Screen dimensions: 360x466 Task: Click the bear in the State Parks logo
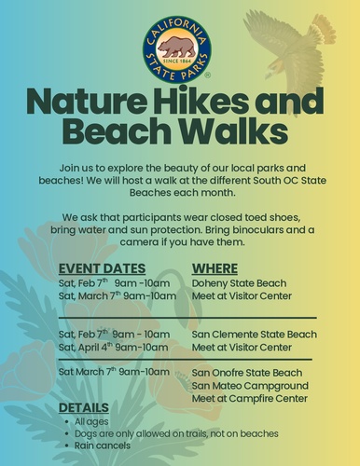click(177, 48)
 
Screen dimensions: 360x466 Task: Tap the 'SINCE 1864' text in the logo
click(177, 61)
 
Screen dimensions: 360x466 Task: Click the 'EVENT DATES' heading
click(102, 268)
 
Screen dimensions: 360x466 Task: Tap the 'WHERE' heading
click(215, 268)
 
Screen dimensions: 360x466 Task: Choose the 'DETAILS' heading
click(84, 407)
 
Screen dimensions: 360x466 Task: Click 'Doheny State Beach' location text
click(239, 283)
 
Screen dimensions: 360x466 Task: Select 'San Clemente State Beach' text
click(255, 335)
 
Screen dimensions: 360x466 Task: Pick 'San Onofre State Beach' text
click(247, 373)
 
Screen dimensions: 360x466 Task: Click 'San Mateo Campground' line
click(250, 386)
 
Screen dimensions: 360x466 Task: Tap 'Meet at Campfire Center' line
click(250, 399)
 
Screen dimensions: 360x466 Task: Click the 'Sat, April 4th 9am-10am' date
click(113, 347)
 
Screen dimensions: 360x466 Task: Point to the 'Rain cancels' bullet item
click(103, 445)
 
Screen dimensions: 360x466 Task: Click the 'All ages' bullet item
click(91, 421)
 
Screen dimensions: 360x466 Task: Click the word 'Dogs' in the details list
click(85, 433)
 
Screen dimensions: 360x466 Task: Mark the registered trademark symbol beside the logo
click(208, 75)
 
